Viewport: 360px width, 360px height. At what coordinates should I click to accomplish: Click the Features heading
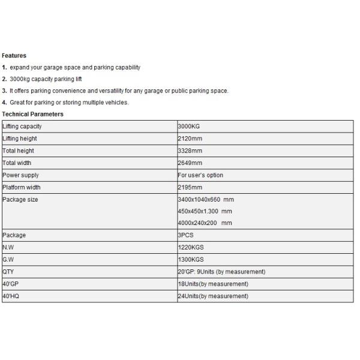tap(14, 56)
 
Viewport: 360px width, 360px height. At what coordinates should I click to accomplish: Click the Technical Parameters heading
tap(33, 114)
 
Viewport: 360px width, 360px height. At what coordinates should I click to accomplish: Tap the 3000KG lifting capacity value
tap(190, 127)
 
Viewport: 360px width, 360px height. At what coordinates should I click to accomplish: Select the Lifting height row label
tap(20, 139)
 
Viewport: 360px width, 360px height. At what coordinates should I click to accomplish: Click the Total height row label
tap(19, 151)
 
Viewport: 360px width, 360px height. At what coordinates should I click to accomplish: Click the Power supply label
tap(21, 175)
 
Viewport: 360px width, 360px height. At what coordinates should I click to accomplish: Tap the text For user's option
tap(200, 175)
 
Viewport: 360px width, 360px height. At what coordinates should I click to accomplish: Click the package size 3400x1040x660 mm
tap(206, 199)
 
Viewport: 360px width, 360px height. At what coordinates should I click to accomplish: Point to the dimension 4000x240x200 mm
tap(205, 223)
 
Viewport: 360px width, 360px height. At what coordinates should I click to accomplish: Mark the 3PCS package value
tap(186, 235)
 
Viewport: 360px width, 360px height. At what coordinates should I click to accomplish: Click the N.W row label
tap(8, 247)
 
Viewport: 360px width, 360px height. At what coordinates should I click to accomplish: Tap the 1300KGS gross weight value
tap(191, 259)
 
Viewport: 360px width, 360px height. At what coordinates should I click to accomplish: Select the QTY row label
tap(9, 272)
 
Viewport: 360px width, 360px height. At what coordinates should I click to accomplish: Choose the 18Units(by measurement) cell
tap(213, 284)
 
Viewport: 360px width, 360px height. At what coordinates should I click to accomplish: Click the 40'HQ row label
tap(11, 296)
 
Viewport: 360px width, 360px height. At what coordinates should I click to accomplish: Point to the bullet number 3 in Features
tap(4, 91)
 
